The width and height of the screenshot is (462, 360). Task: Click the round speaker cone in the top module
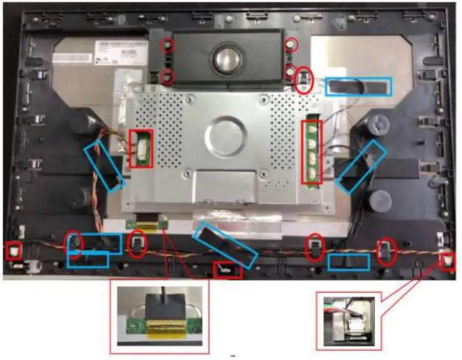(x=224, y=57)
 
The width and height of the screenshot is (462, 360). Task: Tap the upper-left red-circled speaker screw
(x=167, y=45)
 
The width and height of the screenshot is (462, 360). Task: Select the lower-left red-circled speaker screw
(x=167, y=76)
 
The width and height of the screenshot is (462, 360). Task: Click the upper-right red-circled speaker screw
(x=291, y=44)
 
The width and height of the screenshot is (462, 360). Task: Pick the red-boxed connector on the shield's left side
(x=140, y=149)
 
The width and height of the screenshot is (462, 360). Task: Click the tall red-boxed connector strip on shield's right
(x=313, y=151)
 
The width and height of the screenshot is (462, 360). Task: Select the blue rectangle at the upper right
(x=358, y=86)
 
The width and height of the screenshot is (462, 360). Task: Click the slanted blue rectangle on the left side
(x=103, y=165)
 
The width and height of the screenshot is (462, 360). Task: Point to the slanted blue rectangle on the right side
(x=362, y=166)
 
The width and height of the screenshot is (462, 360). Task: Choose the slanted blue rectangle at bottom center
(x=225, y=245)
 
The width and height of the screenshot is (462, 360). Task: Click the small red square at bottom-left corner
(x=13, y=251)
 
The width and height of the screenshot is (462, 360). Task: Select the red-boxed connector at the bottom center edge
(x=227, y=270)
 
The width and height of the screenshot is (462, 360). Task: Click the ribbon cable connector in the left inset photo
(x=160, y=320)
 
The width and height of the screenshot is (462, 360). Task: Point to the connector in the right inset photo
(x=351, y=319)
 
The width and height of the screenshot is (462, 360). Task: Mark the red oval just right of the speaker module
(x=303, y=80)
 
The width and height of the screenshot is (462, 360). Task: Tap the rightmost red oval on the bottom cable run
(x=386, y=251)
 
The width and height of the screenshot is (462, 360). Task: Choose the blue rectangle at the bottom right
(x=348, y=262)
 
